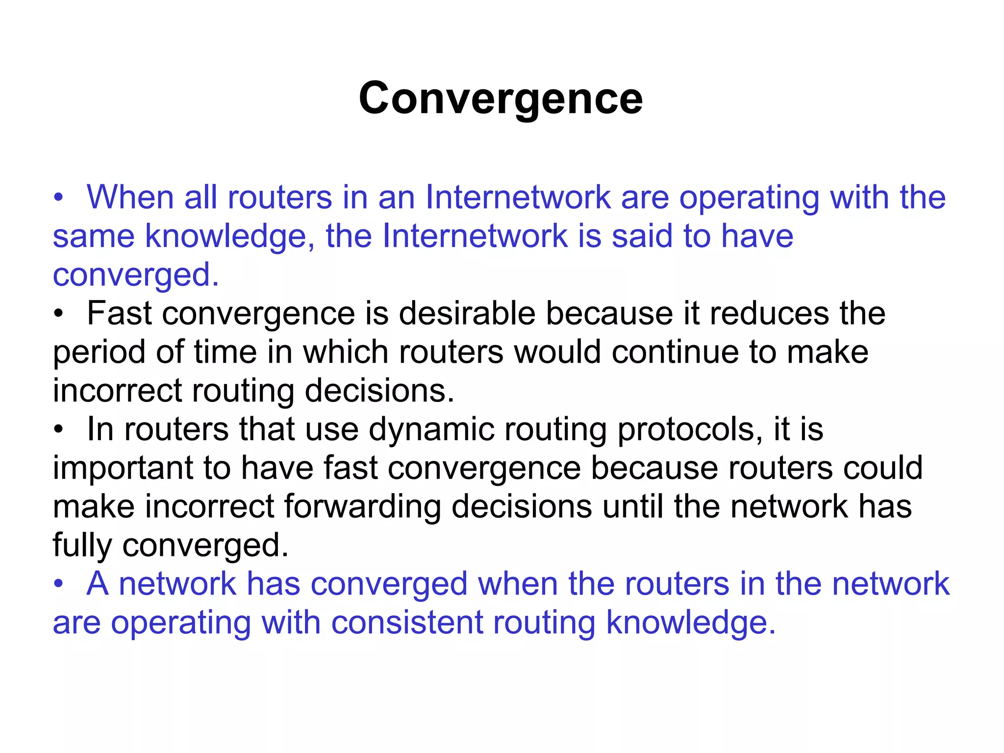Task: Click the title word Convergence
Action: (501, 99)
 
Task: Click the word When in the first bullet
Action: (130, 198)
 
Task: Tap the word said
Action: (642, 236)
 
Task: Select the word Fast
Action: (119, 313)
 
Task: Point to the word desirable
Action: (467, 313)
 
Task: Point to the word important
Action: (123, 468)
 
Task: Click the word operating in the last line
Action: (180, 624)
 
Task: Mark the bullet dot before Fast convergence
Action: (59, 314)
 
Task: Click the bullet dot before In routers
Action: (59, 430)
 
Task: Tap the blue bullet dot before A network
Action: (59, 584)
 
